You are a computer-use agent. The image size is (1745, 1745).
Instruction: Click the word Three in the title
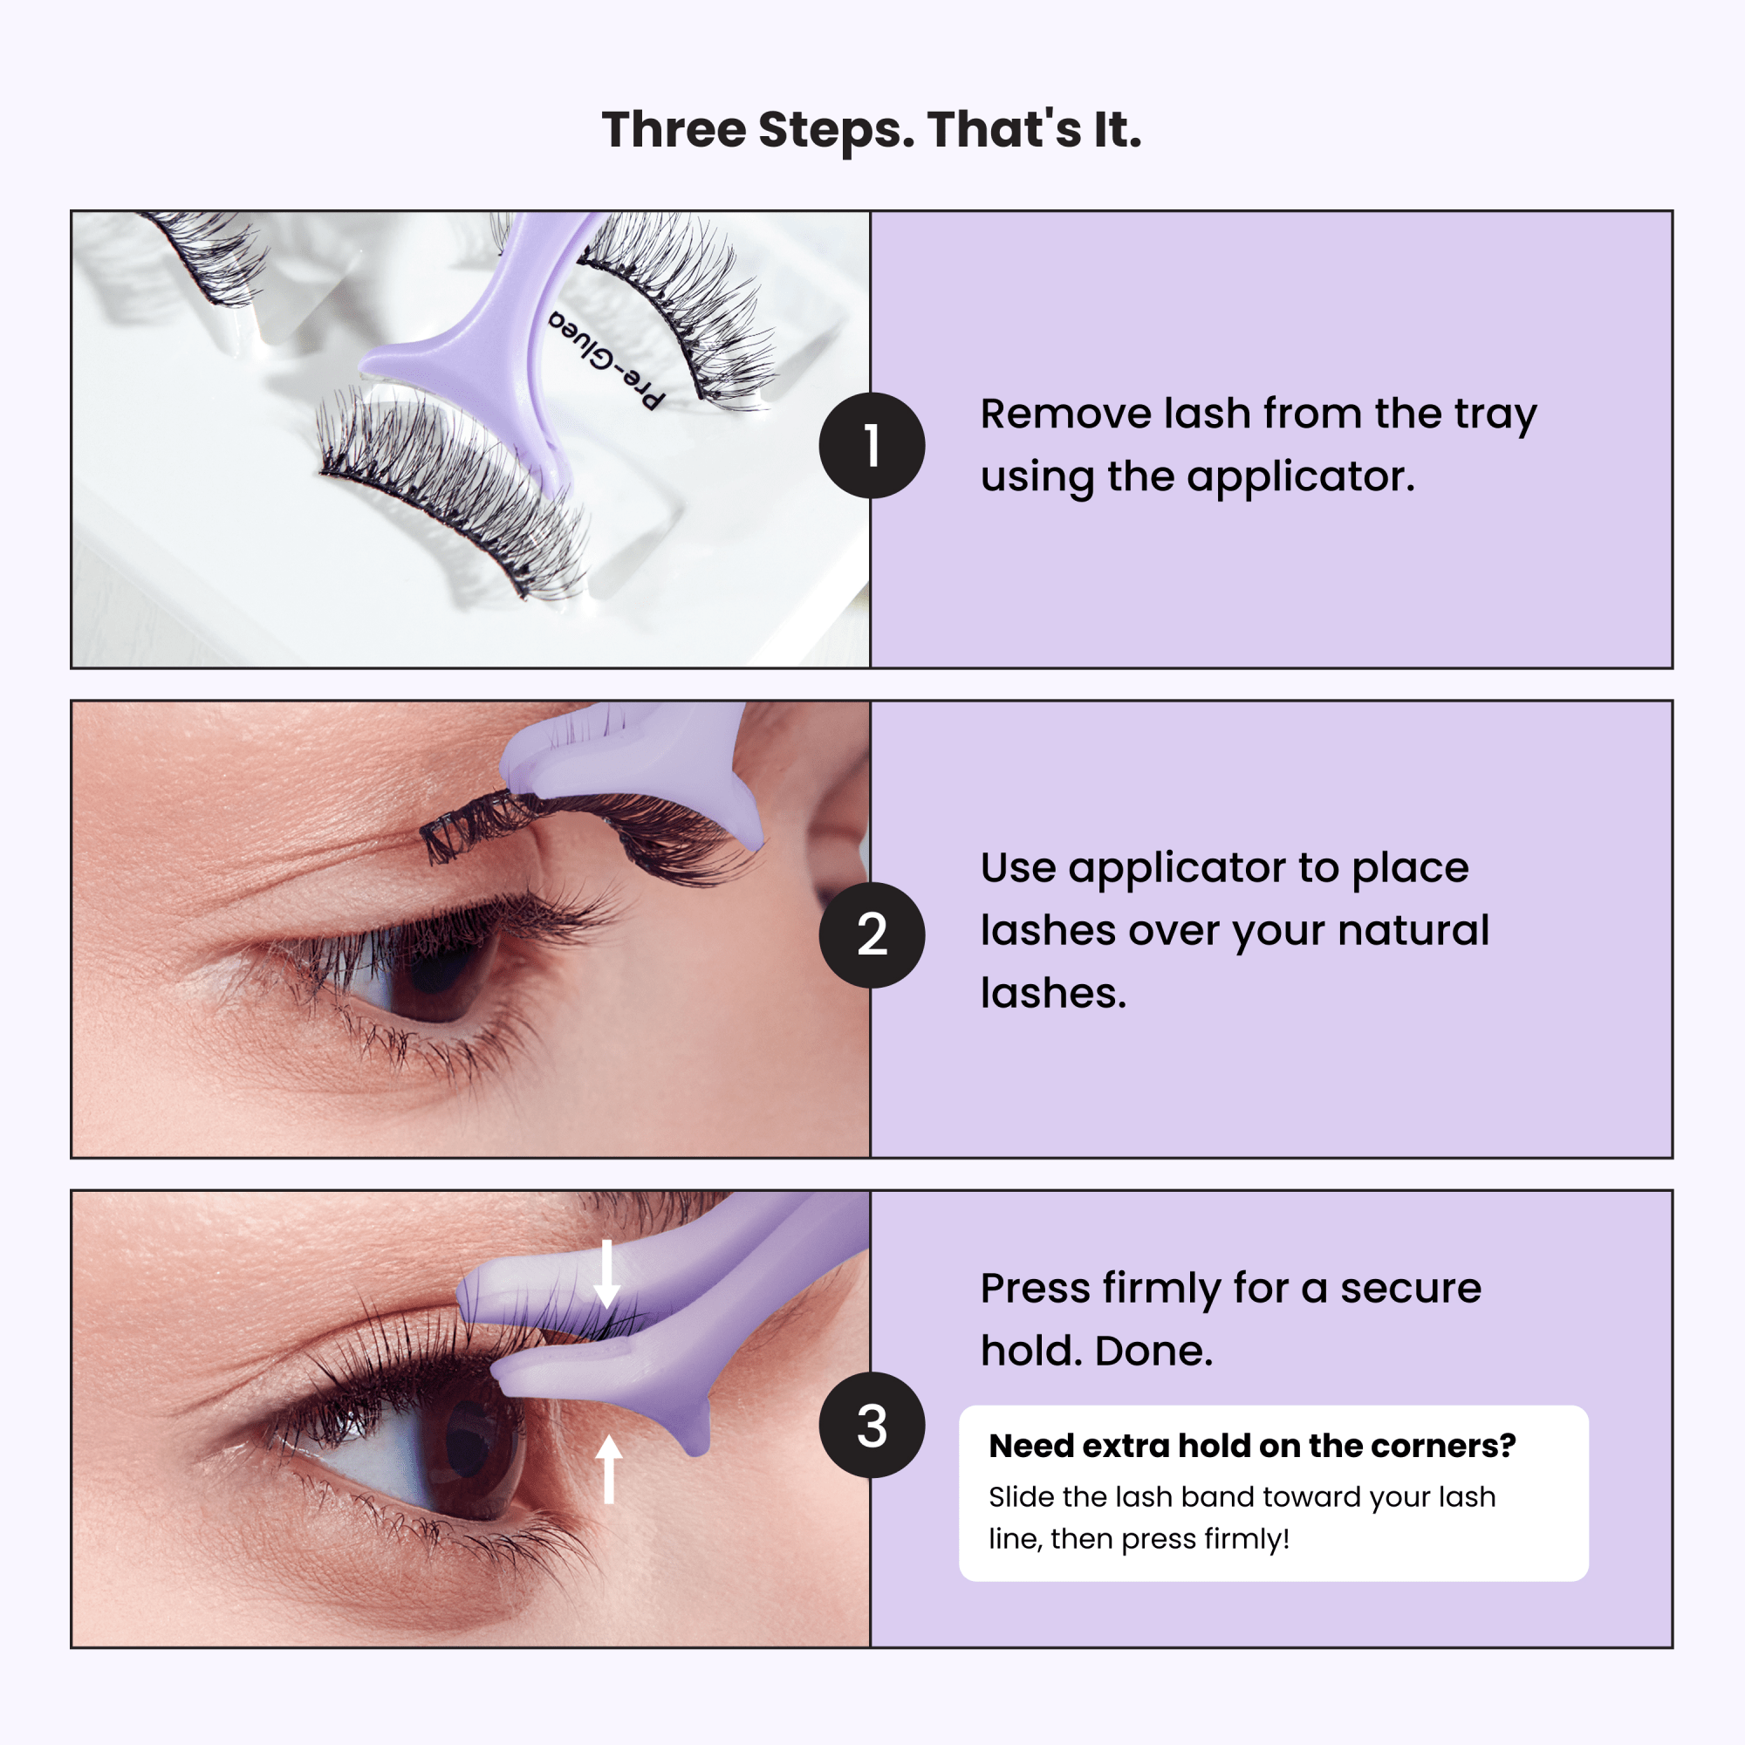tap(674, 130)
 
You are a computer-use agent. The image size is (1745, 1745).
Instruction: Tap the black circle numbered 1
tap(872, 445)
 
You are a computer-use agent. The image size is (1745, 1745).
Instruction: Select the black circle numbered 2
tap(872, 934)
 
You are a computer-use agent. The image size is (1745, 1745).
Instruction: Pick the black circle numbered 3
tap(872, 1426)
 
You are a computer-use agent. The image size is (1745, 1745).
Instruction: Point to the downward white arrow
tap(607, 1274)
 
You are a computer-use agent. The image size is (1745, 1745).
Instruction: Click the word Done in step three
tap(1153, 1352)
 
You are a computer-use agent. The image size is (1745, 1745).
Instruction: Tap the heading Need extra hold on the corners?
tap(1252, 1445)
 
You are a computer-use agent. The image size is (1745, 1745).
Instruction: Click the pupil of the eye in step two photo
tap(442, 975)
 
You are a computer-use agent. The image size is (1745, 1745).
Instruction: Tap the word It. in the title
tap(1118, 130)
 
